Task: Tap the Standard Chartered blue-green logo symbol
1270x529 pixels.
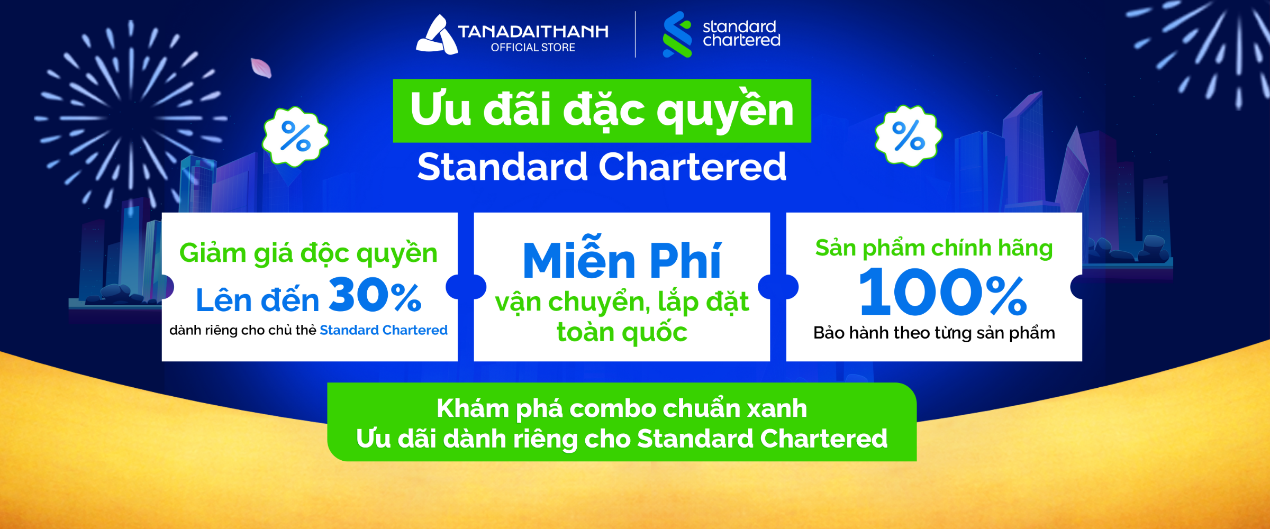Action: tap(677, 34)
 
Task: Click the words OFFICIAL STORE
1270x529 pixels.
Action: tap(533, 48)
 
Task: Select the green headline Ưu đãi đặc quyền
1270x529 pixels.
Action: tap(602, 111)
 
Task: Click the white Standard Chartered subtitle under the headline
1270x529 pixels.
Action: tap(602, 167)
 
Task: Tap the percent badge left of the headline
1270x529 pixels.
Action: tap(295, 136)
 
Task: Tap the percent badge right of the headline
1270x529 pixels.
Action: tap(909, 136)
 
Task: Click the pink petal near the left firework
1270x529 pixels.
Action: tap(261, 68)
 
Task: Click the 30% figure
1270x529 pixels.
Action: tap(375, 295)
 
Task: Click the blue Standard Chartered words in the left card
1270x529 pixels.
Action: tap(384, 330)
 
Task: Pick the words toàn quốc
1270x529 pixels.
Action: tap(622, 332)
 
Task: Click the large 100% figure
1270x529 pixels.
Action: tap(943, 291)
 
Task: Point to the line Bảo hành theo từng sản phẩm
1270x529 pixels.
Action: tap(934, 333)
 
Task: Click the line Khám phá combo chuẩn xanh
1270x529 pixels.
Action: tap(622, 409)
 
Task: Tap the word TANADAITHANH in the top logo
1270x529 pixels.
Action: tap(533, 32)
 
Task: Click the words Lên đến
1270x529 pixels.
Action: tap(258, 300)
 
